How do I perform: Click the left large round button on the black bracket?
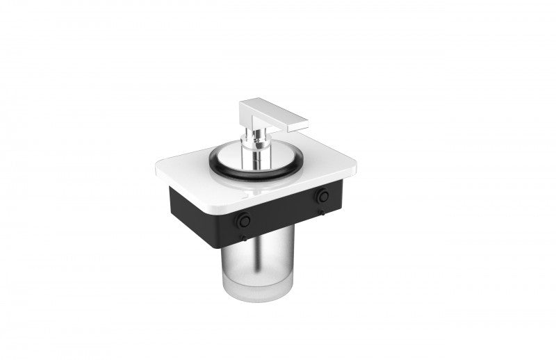point(243,220)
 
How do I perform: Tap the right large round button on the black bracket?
point(322,197)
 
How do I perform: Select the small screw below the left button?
point(243,238)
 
